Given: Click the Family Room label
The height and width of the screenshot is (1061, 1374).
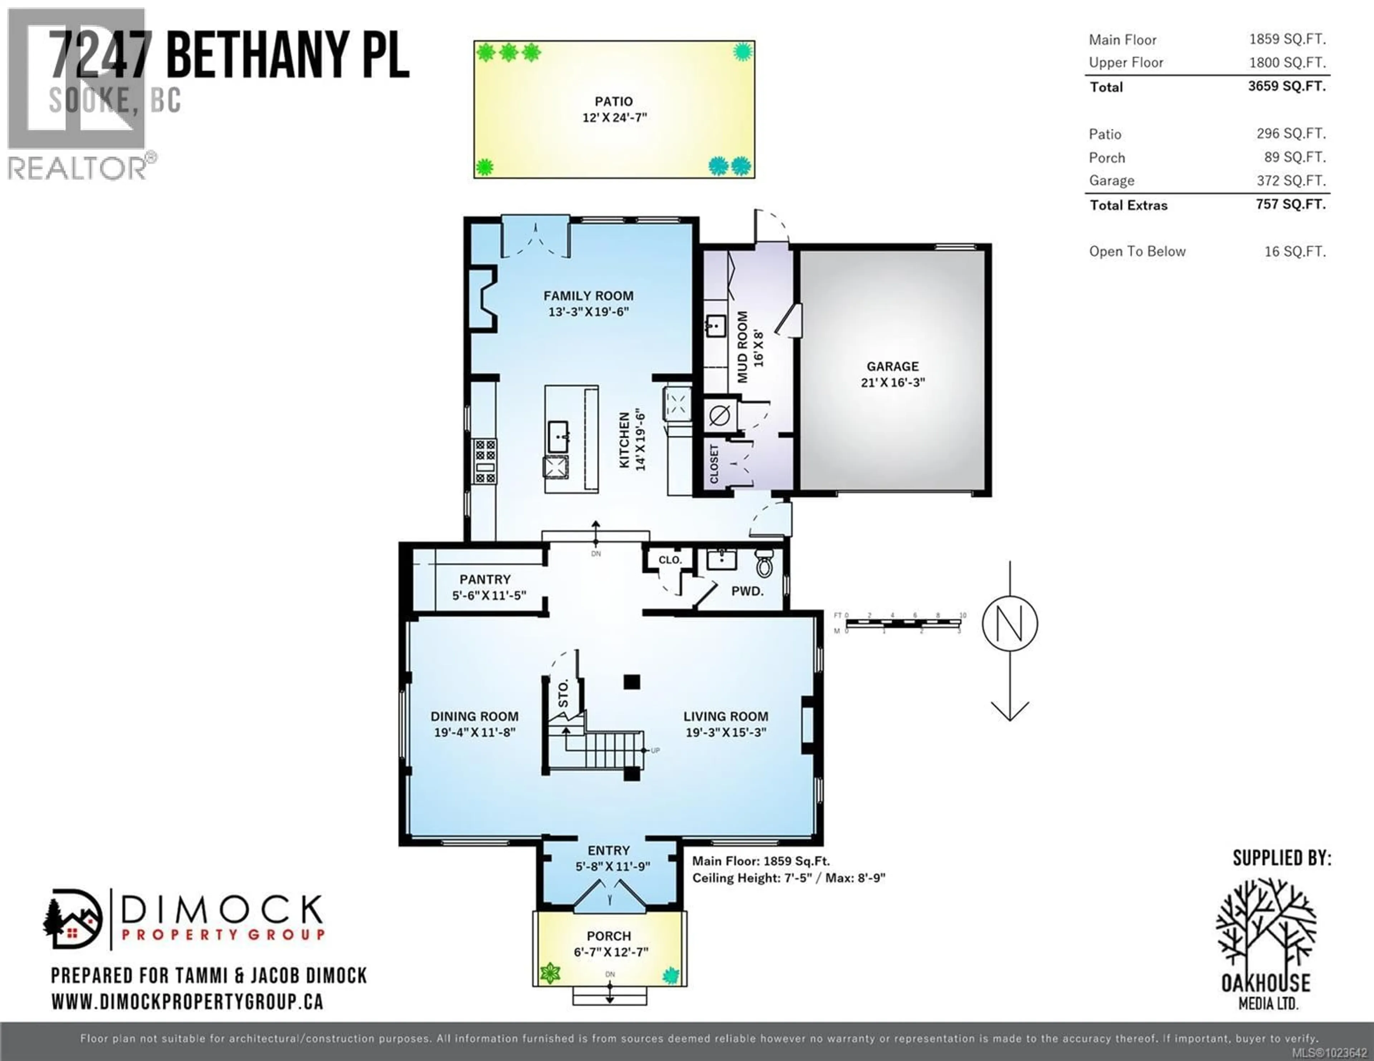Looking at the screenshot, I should [x=588, y=296].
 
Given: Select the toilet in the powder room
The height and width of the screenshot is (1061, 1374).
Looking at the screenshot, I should [x=764, y=564].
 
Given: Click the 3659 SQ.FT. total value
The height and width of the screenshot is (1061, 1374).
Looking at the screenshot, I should [x=1287, y=86].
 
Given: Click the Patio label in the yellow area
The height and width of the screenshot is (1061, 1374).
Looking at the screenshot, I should [x=613, y=101].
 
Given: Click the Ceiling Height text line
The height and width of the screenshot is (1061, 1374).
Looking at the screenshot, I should [x=788, y=878].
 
